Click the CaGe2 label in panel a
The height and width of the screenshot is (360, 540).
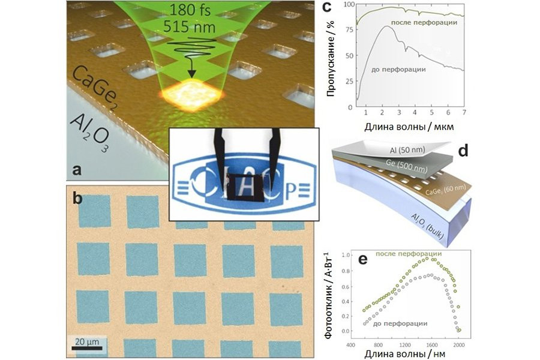coord(113,91)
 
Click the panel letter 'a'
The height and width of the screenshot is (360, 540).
coord(76,170)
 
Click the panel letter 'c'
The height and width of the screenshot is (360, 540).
coord(327,8)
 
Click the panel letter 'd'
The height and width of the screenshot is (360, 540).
coord(462,151)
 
